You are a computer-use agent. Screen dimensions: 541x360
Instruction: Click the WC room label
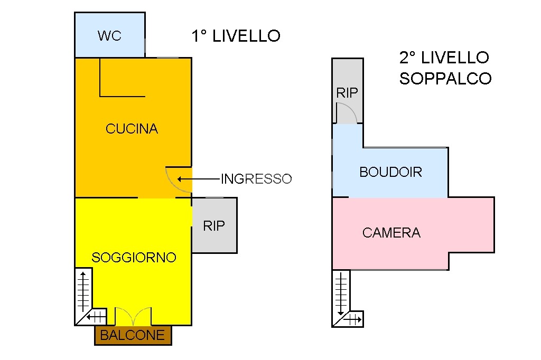tap(109, 35)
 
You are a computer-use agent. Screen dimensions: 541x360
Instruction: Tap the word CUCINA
tap(132, 129)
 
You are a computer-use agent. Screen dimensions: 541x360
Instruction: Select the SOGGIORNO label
tap(134, 258)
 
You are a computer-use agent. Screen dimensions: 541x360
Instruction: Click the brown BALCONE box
tap(133, 335)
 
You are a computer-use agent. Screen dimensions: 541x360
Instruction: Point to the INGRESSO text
tap(256, 178)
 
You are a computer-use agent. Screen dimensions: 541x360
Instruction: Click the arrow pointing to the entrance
tap(199, 179)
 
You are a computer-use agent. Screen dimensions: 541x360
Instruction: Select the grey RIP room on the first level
tap(214, 225)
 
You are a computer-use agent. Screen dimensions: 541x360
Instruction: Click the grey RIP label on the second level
tap(347, 93)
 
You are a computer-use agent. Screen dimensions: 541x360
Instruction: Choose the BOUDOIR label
tap(391, 172)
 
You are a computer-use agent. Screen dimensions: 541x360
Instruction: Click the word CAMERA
tap(391, 233)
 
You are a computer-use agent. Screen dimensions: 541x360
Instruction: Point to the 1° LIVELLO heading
tap(236, 36)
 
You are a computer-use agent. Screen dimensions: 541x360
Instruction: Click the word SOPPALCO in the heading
tap(445, 79)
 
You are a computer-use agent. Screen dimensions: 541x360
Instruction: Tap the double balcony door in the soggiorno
tap(133, 316)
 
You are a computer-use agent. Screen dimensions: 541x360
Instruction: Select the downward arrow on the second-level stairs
tap(341, 293)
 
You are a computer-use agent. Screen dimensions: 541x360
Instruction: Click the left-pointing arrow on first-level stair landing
tap(96, 316)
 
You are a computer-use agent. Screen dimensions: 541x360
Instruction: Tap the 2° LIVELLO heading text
tap(444, 57)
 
